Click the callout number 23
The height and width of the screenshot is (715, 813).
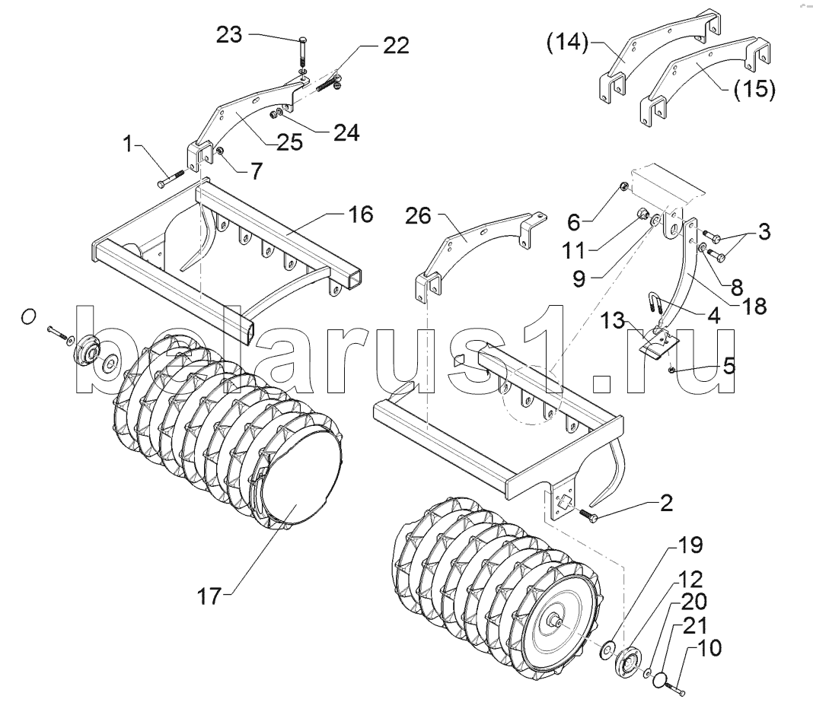coord(229,35)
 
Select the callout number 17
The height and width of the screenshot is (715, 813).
coord(209,596)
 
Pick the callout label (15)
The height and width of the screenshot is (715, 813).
coord(754,88)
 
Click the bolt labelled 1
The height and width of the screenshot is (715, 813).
coord(170,179)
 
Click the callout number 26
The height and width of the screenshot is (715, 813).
coord(419,216)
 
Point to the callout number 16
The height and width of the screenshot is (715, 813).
coord(360,214)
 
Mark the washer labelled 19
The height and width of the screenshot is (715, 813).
coord(606,648)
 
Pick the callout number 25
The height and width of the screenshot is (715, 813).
coord(289,142)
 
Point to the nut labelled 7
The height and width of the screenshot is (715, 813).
coord(220,151)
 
